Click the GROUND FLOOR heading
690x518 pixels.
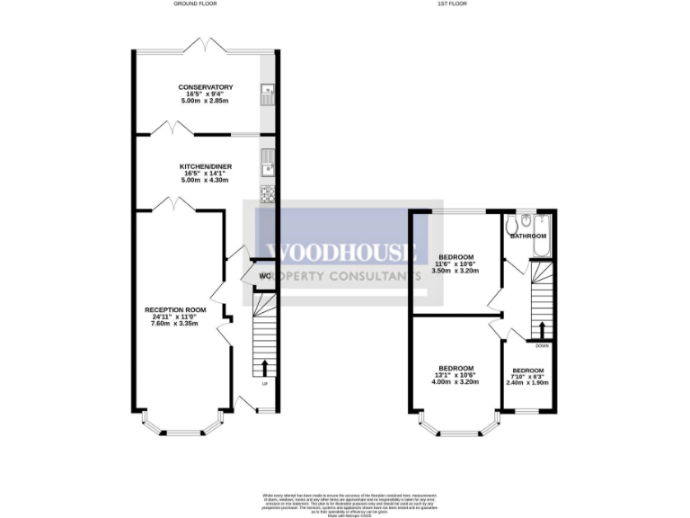tap(195, 4)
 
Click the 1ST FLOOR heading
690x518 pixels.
tap(452, 4)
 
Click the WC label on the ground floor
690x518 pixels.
tap(265, 275)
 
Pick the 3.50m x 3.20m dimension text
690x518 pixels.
tap(456, 270)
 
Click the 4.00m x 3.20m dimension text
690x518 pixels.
tap(456, 382)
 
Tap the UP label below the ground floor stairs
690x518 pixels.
tap(264, 385)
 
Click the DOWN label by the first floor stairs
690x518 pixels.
tap(542, 345)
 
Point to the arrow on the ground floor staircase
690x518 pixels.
tap(265, 367)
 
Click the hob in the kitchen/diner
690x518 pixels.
tap(268, 192)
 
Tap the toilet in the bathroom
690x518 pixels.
tap(511, 221)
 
